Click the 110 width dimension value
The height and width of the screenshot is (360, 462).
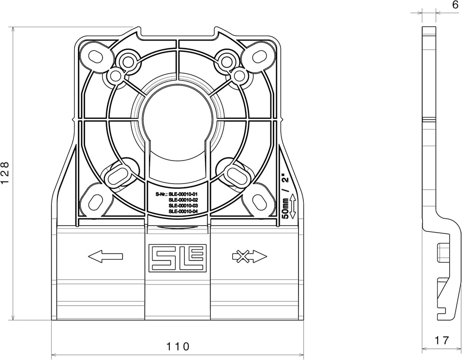178,346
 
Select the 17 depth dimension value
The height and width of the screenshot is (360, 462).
441,340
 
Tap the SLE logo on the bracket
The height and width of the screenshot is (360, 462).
178,257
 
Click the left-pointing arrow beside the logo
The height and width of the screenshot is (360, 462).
105,256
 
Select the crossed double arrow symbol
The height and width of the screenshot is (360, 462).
249,256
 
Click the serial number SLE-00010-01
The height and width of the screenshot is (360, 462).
183,194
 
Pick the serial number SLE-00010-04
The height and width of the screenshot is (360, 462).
183,211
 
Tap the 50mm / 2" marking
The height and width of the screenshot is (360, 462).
285,196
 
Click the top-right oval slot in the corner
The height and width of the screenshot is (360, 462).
259,56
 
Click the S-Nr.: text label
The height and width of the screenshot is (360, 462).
161,194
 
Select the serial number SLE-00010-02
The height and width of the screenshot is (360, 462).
183,200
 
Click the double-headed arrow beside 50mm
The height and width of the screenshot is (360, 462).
293,206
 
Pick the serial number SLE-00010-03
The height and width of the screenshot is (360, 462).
183,205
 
